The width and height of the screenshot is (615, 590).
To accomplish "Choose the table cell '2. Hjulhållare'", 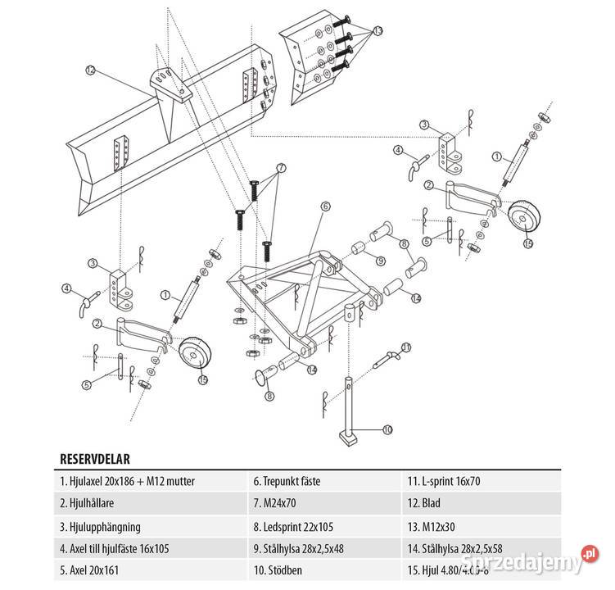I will point(90,503).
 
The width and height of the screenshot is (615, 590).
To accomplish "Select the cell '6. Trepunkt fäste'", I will point(292,481).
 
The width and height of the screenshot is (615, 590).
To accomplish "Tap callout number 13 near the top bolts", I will point(378,30).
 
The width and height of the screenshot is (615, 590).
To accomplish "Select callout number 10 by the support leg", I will point(387,428).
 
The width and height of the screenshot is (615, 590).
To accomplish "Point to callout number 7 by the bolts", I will point(281,167).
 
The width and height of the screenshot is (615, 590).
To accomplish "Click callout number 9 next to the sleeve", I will point(382,261).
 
